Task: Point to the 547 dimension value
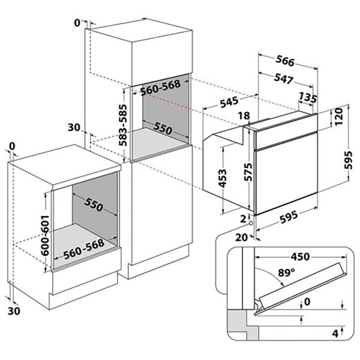click(284, 78)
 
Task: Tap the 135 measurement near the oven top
click(308, 98)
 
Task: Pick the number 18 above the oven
click(244, 116)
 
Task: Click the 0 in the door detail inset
click(308, 302)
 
